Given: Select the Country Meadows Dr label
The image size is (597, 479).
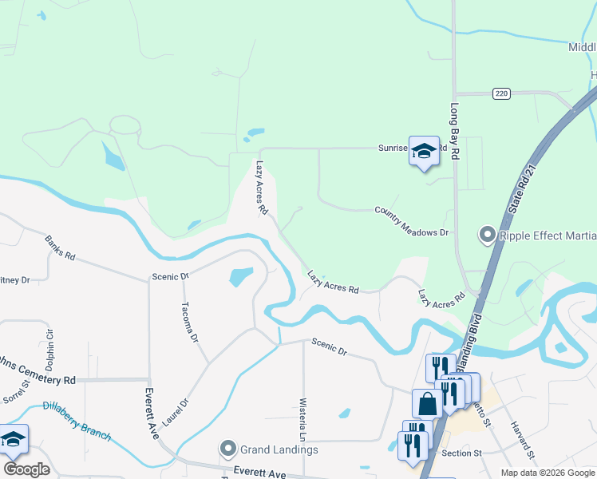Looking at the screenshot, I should click(412, 221).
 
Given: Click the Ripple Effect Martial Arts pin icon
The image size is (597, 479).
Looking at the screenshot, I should click(487, 235).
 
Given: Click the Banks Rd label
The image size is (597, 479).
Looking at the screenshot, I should click(60, 248).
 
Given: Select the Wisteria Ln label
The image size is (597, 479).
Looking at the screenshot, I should click(302, 420).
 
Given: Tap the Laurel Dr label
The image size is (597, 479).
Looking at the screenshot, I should click(177, 408).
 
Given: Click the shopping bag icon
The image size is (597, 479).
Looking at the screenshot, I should click(427, 403).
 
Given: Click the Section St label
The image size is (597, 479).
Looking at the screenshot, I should click(462, 453).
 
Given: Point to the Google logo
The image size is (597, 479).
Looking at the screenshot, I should click(26, 469).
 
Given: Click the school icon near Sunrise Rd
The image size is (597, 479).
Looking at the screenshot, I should click(425, 150).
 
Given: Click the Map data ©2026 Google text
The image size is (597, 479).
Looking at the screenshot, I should click(547, 473).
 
